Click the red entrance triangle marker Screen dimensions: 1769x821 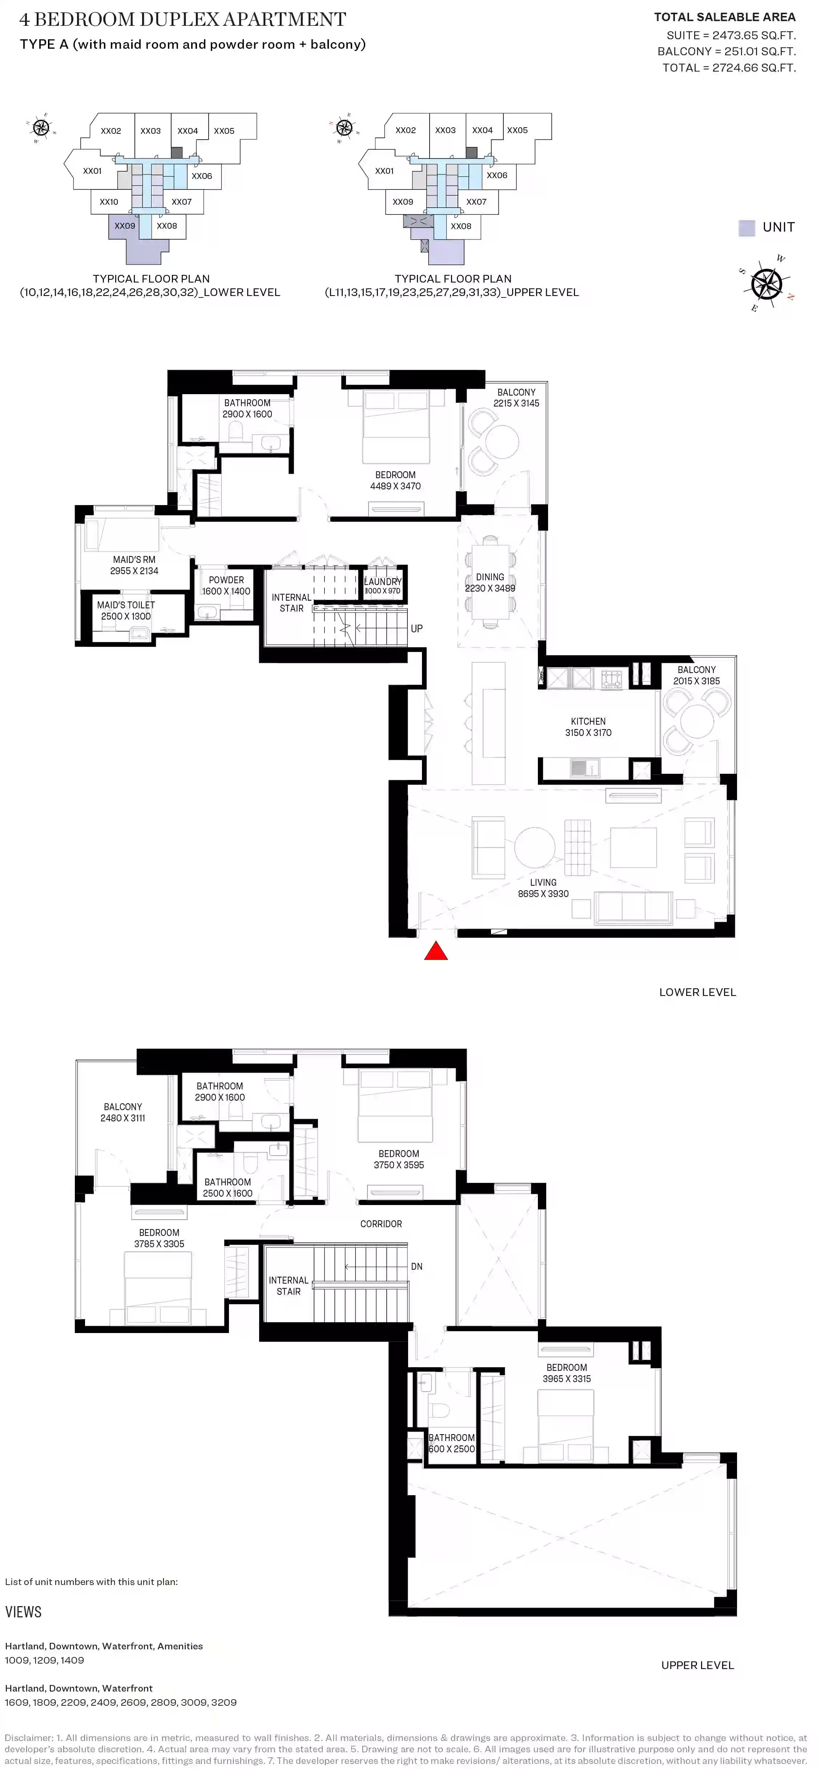click(436, 952)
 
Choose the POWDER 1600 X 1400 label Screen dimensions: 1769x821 click(226, 585)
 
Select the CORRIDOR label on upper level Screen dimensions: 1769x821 click(381, 1224)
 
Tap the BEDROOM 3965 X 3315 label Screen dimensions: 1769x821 click(566, 1373)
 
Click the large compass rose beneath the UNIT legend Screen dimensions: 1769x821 click(766, 284)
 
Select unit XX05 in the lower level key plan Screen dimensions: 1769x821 click(224, 131)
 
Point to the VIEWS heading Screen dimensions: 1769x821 click(23, 1612)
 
